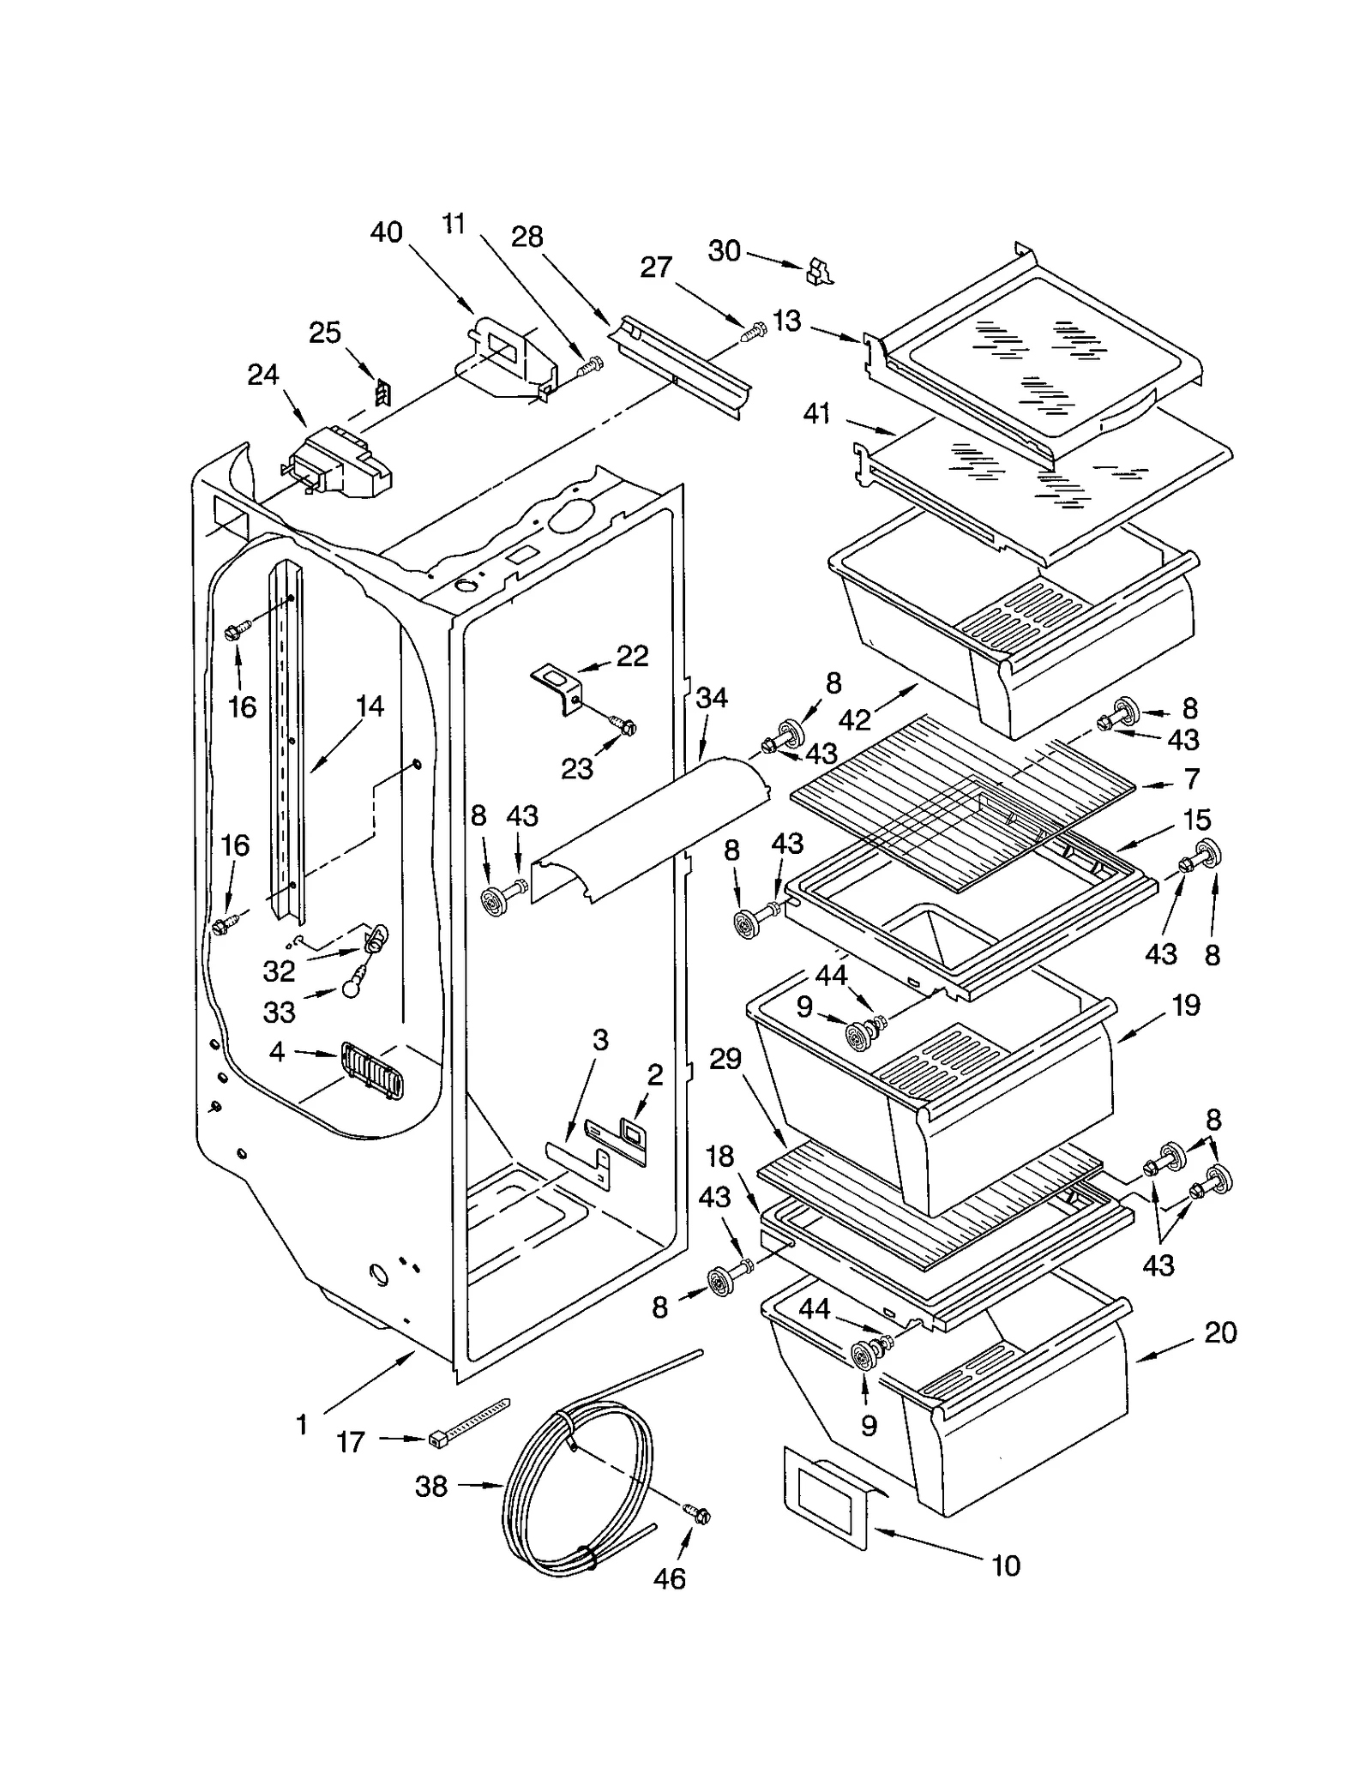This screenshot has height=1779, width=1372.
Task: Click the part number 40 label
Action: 386,232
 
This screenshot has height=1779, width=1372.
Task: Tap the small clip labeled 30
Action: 818,273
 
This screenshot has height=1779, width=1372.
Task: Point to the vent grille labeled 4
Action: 372,1070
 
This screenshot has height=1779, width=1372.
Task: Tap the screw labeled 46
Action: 696,1514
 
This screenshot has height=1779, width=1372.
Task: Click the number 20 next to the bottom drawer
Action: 1219,1332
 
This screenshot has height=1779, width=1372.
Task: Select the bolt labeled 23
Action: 624,727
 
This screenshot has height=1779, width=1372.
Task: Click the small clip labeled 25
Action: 382,393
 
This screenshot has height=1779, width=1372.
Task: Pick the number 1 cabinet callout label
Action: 301,1425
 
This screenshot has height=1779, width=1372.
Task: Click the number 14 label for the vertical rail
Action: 370,706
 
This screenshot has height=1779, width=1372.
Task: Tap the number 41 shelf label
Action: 816,414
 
